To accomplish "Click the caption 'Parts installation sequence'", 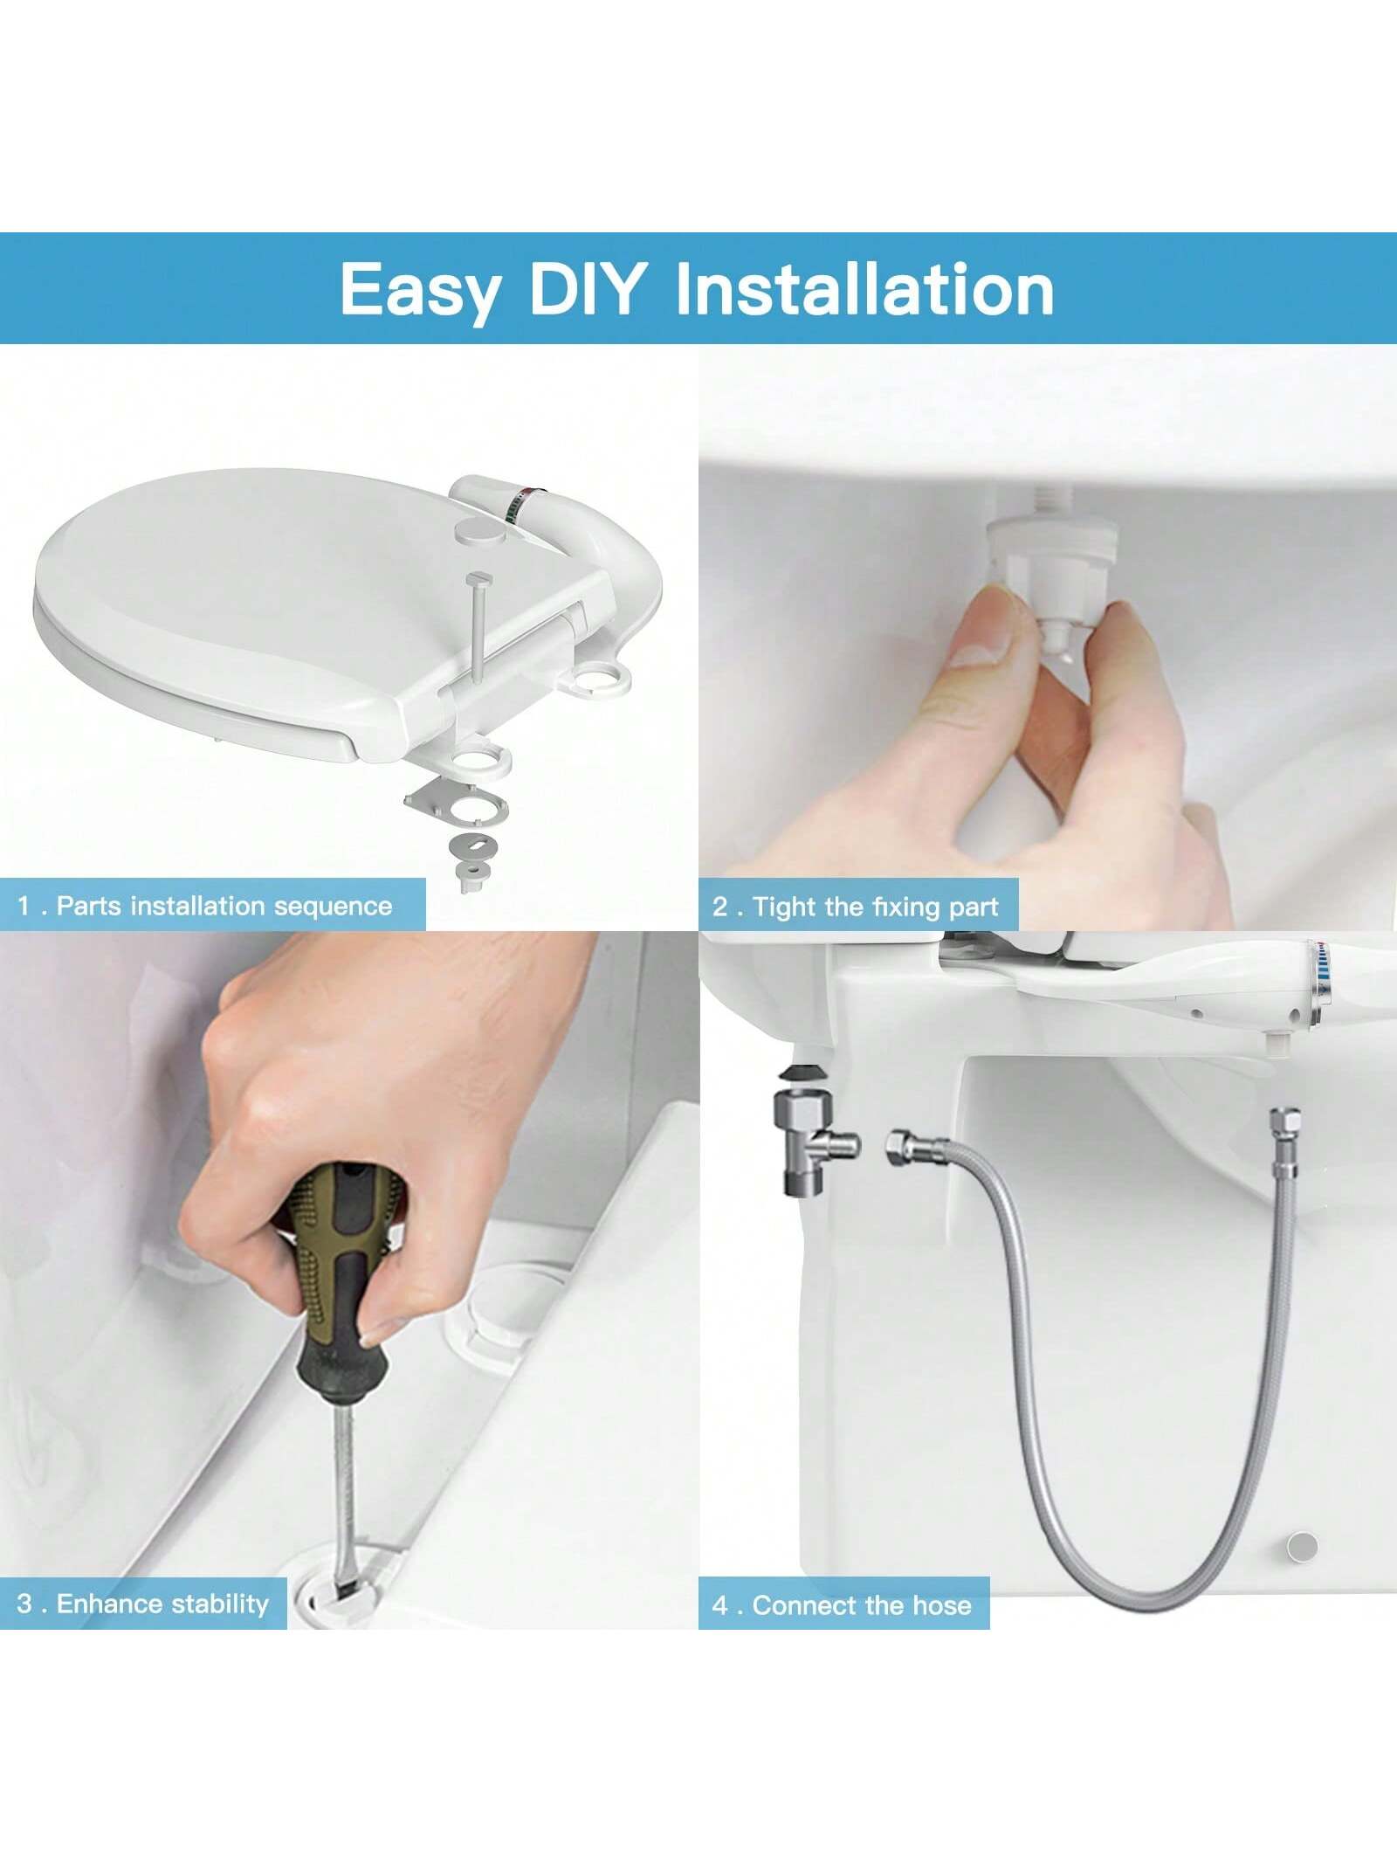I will [x=224, y=906].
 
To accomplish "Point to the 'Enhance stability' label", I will [x=162, y=1604].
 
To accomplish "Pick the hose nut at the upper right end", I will [x=1284, y=1121].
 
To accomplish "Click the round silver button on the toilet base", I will [x=1302, y=1546].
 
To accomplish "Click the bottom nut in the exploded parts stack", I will [x=470, y=879].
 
